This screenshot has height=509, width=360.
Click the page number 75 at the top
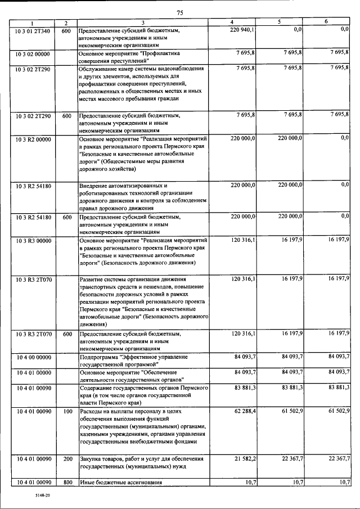coord(180,12)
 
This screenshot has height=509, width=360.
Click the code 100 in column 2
coord(67,412)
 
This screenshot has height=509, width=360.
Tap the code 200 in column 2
coord(67,460)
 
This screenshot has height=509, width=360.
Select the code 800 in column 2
coord(67,483)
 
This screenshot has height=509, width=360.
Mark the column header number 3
coord(143,22)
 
